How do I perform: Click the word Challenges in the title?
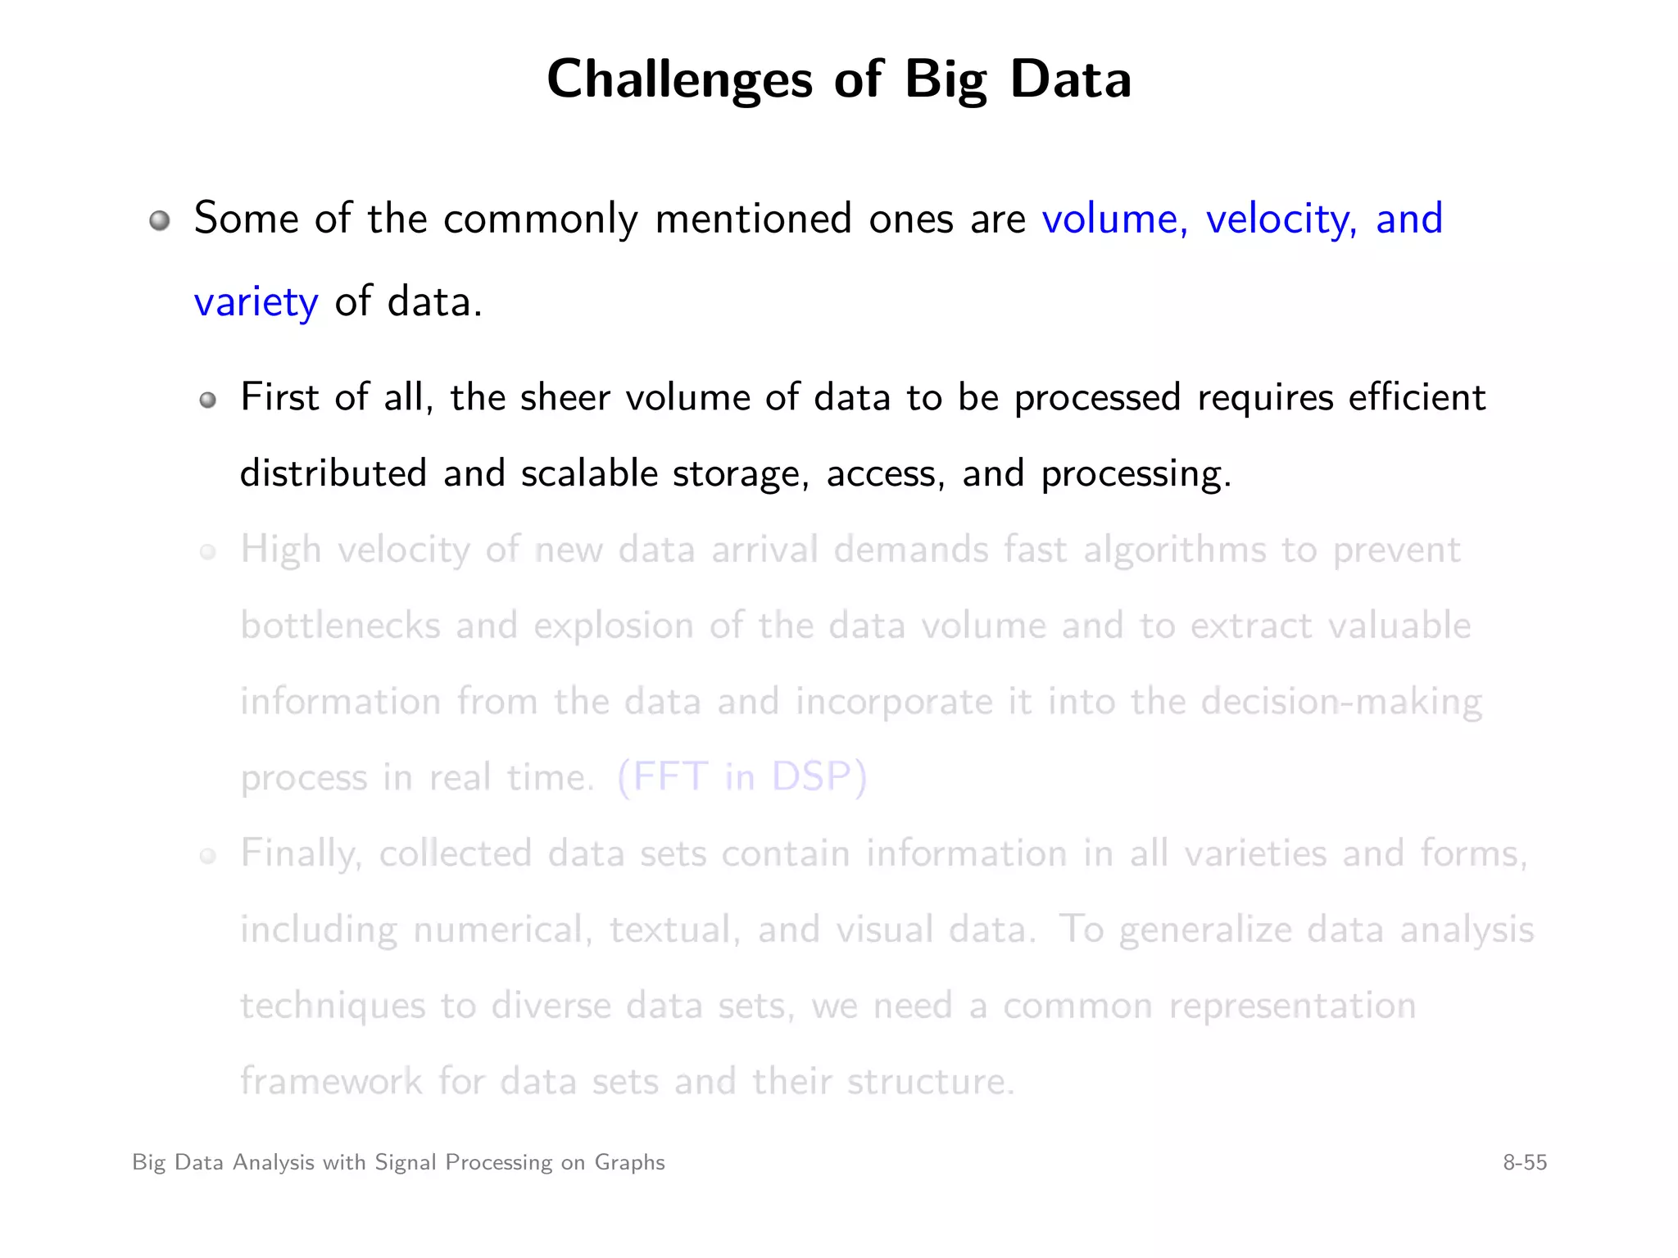pos(679,80)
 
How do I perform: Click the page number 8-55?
pos(1524,1162)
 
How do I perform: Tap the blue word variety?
pos(256,301)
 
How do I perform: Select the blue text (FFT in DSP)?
pos(741,776)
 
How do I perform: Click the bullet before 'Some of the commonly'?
pos(160,220)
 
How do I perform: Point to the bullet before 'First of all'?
pos(208,400)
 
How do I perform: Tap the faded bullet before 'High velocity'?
pos(208,551)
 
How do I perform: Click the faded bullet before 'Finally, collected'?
pos(208,856)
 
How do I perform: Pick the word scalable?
pos(589,473)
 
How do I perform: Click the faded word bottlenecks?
pos(340,626)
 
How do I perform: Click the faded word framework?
pos(331,1081)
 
